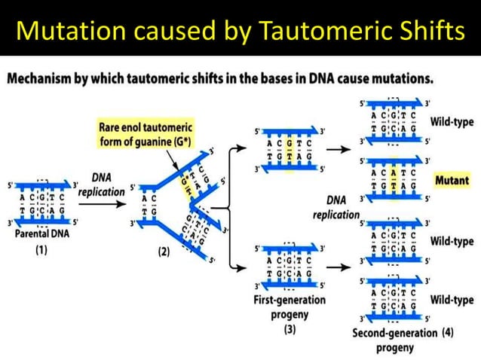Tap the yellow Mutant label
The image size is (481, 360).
(x=452, y=181)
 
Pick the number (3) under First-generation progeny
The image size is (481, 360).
(x=290, y=329)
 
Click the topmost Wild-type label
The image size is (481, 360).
(x=452, y=121)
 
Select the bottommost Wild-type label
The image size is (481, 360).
(x=452, y=301)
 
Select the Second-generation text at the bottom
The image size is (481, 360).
(x=395, y=332)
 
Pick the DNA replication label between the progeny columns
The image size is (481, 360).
(x=336, y=208)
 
